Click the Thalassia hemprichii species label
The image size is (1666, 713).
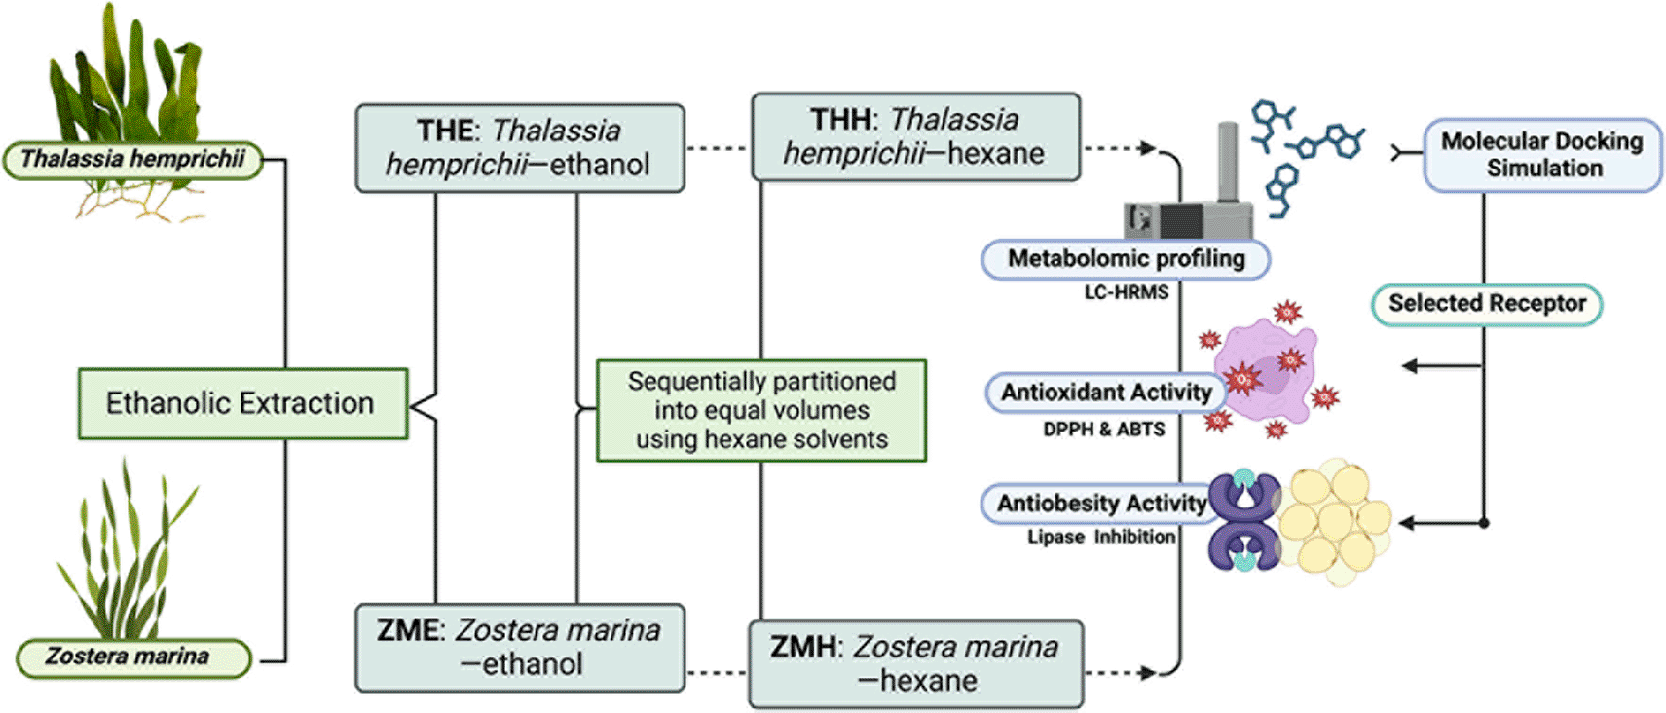pos(133,159)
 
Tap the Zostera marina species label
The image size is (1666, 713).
pos(133,657)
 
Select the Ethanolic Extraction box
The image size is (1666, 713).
pos(242,403)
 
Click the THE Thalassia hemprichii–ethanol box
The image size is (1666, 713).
pos(520,148)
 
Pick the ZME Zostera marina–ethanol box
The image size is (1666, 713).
pos(520,648)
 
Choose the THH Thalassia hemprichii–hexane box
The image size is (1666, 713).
pos(915,136)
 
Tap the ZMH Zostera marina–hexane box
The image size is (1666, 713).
pos(915,663)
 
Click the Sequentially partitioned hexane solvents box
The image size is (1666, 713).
pos(761,410)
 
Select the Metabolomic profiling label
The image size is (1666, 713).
pos(1126,259)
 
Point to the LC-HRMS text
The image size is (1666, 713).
pos(1126,292)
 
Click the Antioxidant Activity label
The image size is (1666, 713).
pos(1105,393)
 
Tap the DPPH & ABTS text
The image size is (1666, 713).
pos(1103,430)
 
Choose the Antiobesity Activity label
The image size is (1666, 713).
pos(1100,504)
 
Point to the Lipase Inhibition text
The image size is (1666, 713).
pos(1101,537)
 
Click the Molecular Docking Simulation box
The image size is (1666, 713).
pos(1542,155)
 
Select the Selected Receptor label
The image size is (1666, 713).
pos(1487,304)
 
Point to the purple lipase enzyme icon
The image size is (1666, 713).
pos(1244,521)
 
